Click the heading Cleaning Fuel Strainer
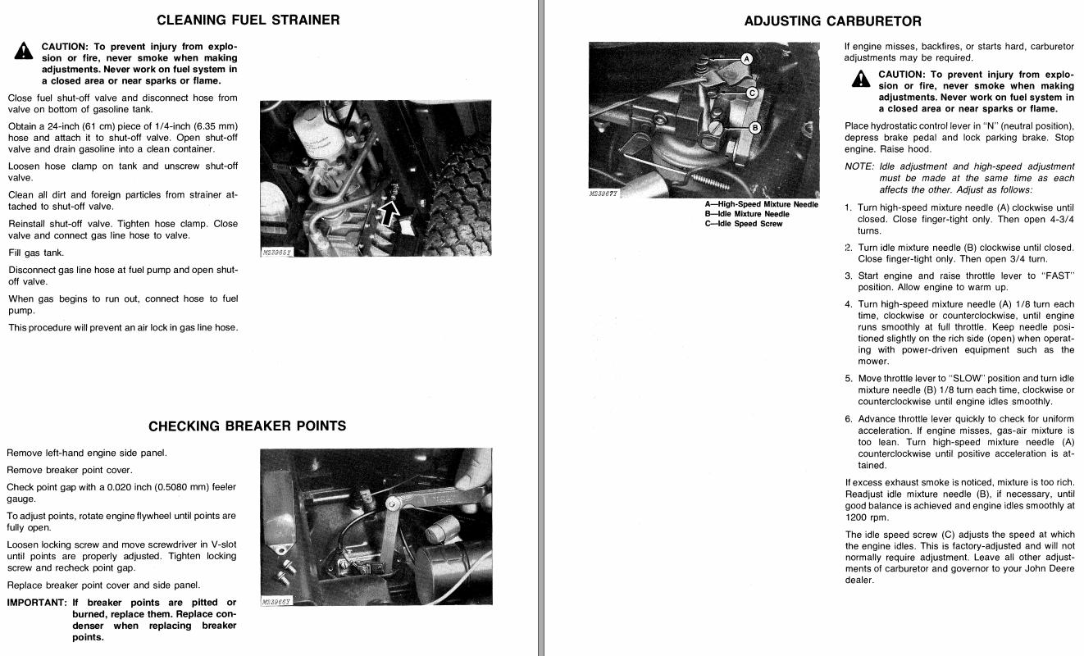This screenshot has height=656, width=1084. pyautogui.click(x=248, y=20)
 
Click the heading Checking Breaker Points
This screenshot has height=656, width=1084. pyautogui.click(x=247, y=426)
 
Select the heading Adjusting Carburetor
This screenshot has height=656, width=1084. pyautogui.click(x=832, y=21)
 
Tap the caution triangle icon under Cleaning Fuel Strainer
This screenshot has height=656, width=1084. pyautogui.click(x=23, y=51)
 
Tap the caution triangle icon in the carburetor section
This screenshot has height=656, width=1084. pyautogui.click(x=860, y=78)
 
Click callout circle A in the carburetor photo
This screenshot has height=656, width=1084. pyautogui.click(x=746, y=59)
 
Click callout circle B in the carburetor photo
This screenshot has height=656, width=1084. pyautogui.click(x=755, y=128)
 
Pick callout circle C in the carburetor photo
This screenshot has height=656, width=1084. pyautogui.click(x=750, y=93)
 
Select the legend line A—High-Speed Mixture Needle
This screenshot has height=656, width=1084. pyautogui.click(x=761, y=204)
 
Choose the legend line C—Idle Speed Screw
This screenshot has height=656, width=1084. pyautogui.click(x=744, y=224)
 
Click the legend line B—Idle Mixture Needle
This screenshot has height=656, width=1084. pyautogui.click(x=747, y=214)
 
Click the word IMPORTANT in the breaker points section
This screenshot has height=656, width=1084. pyautogui.click(x=36, y=603)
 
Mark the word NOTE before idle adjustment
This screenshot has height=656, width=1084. pyautogui.click(x=859, y=166)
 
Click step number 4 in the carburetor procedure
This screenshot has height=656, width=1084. pyautogui.click(x=849, y=304)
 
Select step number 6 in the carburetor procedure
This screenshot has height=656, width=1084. pyautogui.click(x=849, y=419)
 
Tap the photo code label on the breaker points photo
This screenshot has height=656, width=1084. pyautogui.click(x=276, y=602)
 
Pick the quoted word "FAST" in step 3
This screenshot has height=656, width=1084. pyautogui.click(x=1057, y=276)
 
